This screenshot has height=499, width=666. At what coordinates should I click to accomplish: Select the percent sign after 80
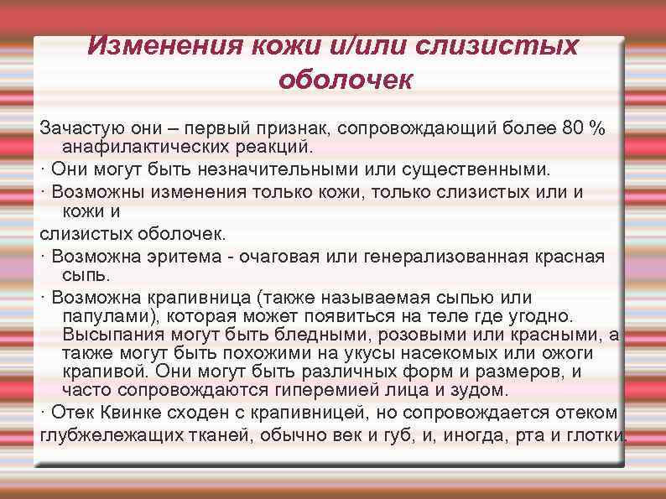point(597,127)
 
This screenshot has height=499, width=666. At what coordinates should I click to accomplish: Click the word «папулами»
point(106,316)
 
